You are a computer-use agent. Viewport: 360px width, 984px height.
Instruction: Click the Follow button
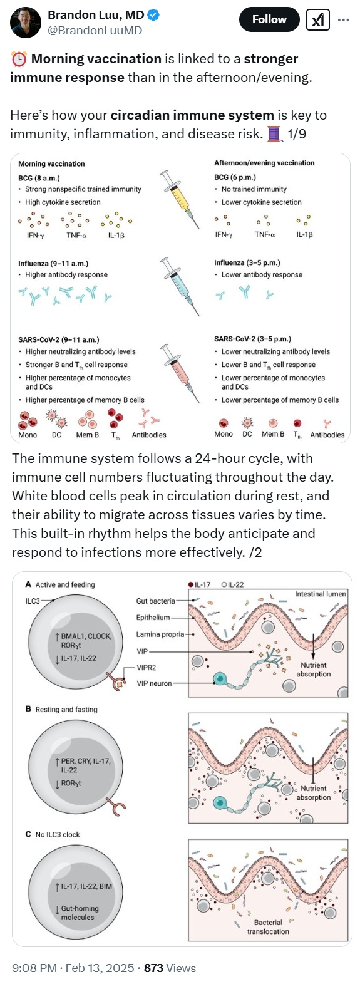point(269,19)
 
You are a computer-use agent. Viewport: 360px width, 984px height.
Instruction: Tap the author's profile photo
point(26,22)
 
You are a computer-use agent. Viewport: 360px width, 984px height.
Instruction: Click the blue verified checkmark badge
point(153,15)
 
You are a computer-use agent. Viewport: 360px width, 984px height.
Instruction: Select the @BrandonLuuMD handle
point(95,30)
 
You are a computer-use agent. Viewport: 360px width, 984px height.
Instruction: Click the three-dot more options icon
point(344,20)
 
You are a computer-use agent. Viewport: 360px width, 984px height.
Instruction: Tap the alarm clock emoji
point(18,59)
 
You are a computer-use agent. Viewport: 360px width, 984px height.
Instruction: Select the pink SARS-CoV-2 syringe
point(180,373)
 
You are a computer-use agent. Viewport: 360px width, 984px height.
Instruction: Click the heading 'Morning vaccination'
point(51,164)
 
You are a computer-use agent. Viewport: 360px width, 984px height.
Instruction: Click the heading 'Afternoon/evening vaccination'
point(264,163)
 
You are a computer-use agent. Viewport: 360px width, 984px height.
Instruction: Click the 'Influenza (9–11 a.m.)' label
point(53,264)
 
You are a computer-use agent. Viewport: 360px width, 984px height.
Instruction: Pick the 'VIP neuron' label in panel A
point(154,683)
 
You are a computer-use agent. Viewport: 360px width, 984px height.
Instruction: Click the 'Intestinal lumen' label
point(321,594)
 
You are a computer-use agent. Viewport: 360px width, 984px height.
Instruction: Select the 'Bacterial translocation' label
point(268,927)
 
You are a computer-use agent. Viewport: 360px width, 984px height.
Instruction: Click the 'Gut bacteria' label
point(155,601)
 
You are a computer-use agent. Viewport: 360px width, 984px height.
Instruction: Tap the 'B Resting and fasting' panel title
point(61,710)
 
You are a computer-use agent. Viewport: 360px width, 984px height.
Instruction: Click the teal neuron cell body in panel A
point(219,680)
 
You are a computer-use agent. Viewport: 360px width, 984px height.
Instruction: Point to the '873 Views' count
point(170,968)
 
